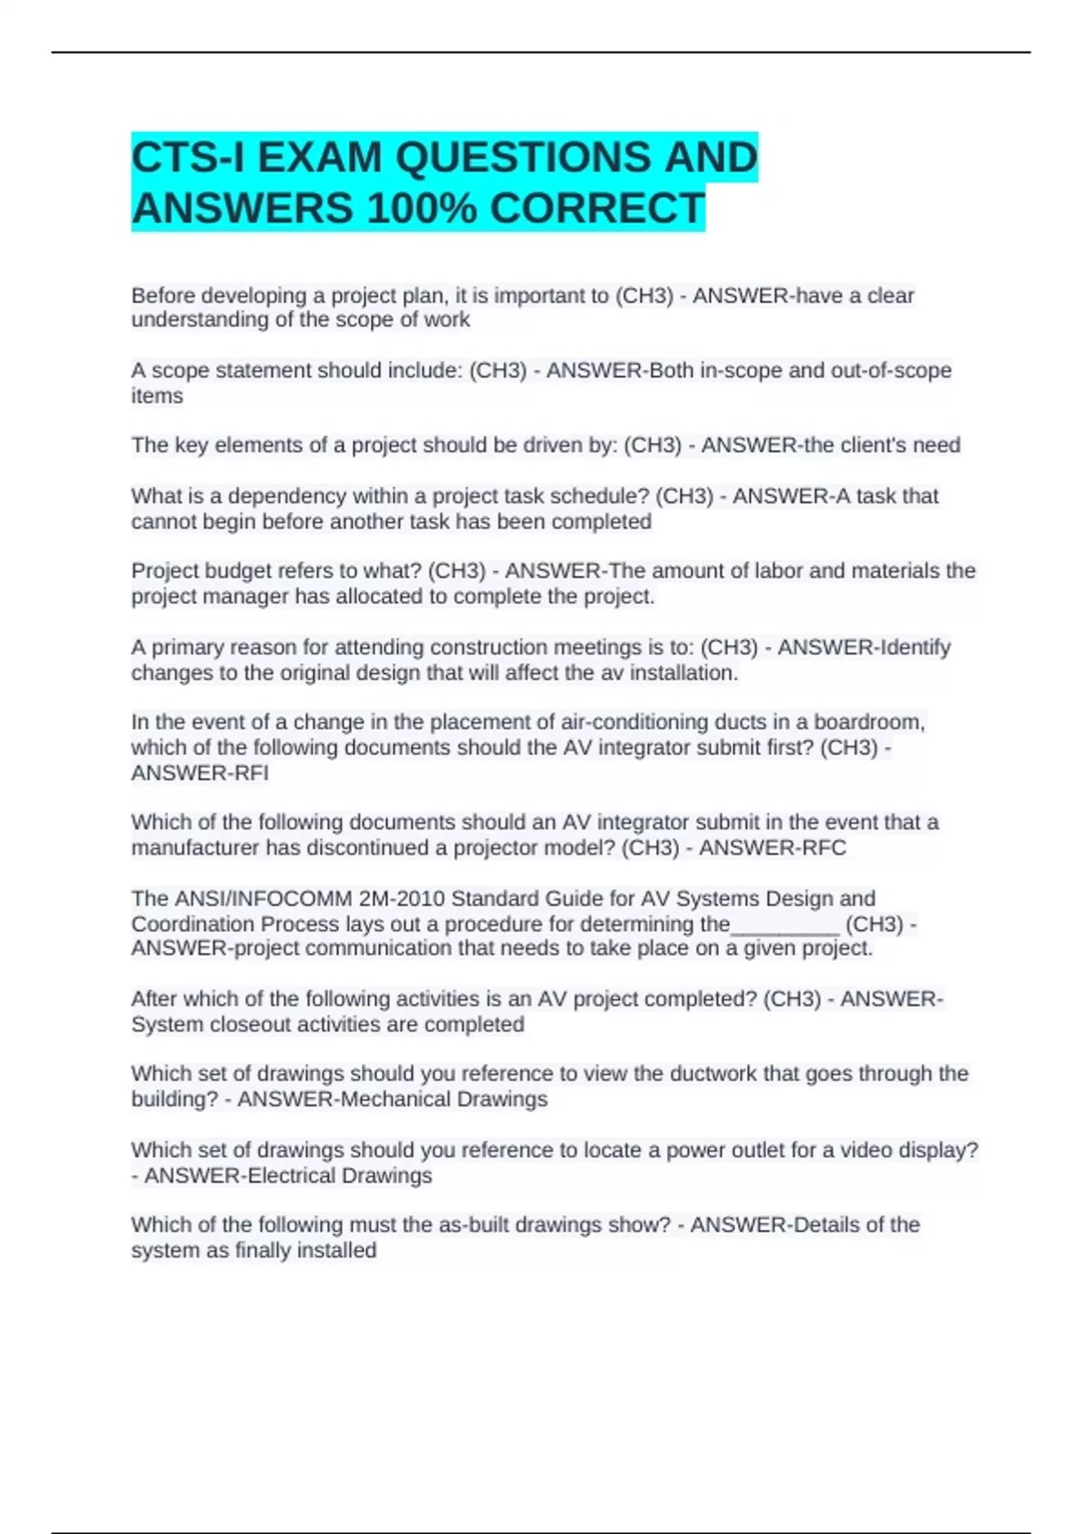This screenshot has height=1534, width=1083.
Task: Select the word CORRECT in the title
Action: coord(597,209)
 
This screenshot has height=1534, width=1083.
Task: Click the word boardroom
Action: coord(868,723)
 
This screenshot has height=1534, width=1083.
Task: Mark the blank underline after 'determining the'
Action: coord(785,925)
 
